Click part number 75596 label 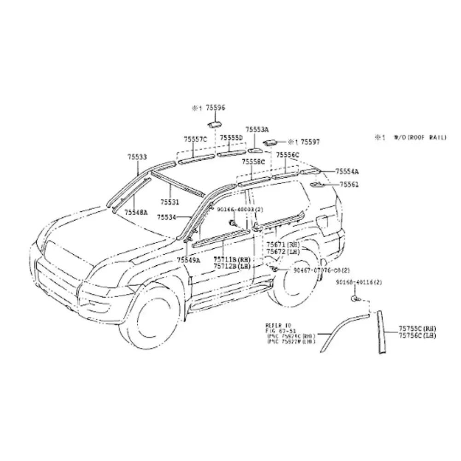215,108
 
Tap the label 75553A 257,130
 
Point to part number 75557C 196,139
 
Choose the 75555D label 231,138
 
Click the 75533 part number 137,157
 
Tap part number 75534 166,216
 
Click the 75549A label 189,260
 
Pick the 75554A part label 347,171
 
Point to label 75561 349,184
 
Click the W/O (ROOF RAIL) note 419,137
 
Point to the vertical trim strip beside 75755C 381,332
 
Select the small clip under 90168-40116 356,299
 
